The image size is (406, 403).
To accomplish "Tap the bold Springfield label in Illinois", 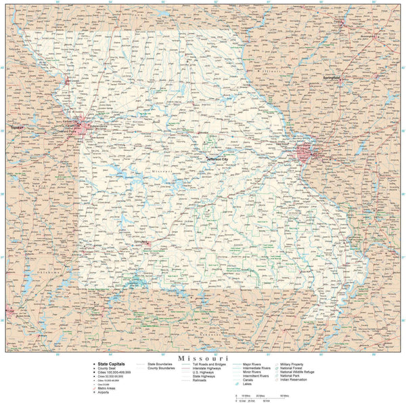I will pos(332,78).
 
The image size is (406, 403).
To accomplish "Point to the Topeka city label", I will pos(16,127).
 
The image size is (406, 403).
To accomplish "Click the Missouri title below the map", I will pos(203,357).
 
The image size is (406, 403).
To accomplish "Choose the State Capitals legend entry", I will pos(111,363).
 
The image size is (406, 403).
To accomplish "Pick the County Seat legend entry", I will pos(108,368).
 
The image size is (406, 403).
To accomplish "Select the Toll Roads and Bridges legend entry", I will pos(209,364).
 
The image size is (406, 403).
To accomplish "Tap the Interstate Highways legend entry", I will pos(209,368).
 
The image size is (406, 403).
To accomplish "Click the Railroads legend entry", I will pos(200,381).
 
